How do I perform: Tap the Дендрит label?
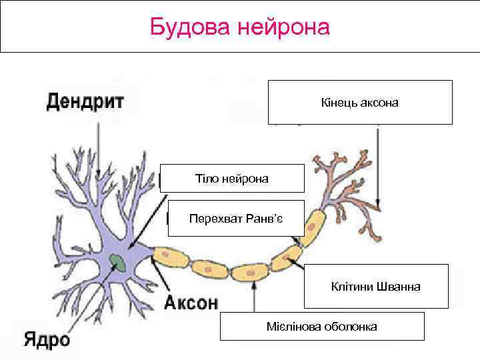pyautogui.click(x=85, y=102)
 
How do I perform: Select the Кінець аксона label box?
pyautogui.click(x=360, y=103)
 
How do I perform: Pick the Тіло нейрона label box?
pyautogui.click(x=232, y=179)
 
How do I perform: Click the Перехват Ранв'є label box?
pyautogui.click(x=236, y=218)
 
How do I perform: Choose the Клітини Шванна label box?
pyautogui.click(x=376, y=286)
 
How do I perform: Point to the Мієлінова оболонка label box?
pyautogui.click(x=321, y=327)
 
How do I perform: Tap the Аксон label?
pyautogui.click(x=191, y=303)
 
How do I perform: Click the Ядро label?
pyautogui.click(x=47, y=339)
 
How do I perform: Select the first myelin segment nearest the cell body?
pyautogui.click(x=171, y=256)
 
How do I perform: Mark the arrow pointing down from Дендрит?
pyautogui.click(x=99, y=147)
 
